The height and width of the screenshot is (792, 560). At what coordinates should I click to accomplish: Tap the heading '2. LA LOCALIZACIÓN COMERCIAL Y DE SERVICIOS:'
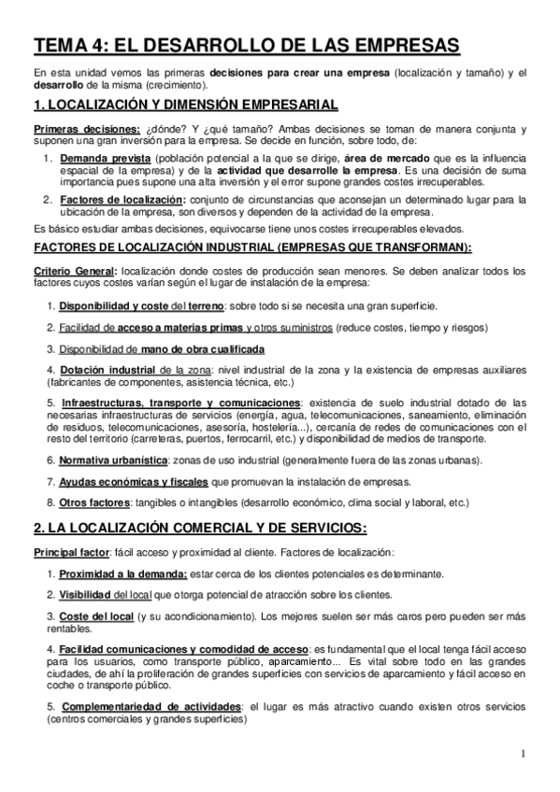(x=200, y=525)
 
